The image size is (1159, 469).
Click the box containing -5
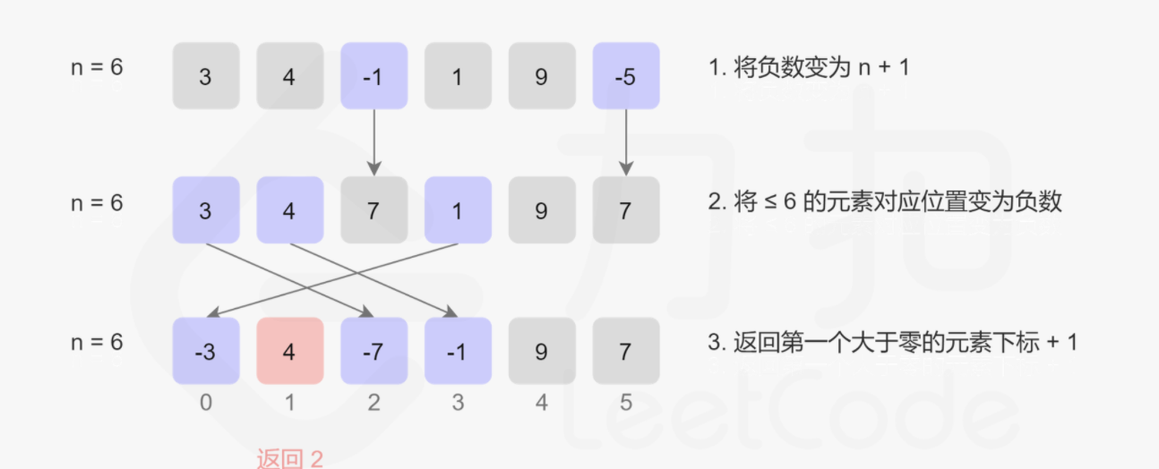(625, 77)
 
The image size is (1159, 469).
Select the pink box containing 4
(289, 352)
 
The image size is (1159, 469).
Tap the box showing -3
(205, 352)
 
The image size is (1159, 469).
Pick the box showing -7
(373, 352)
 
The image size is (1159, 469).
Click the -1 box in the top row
(373, 77)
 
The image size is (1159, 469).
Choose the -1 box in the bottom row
(458, 352)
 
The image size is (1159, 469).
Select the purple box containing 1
(458, 210)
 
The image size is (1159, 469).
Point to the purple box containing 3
(205, 210)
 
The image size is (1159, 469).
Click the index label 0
(205, 404)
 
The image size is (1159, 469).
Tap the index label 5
(625, 404)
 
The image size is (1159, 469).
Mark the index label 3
(458, 404)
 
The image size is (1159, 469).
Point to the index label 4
(541, 404)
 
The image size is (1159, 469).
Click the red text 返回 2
(289, 459)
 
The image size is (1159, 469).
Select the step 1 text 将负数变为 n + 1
(808, 68)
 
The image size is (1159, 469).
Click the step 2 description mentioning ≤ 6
(885, 201)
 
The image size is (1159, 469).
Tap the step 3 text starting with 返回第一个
(892, 342)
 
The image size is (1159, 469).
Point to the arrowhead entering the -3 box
(212, 313)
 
